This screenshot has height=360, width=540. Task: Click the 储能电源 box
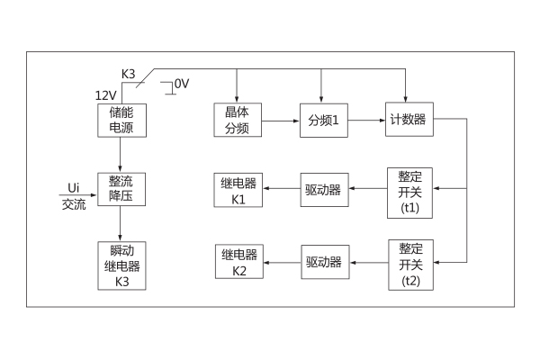click(x=120, y=121)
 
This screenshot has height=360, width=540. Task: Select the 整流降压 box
click(x=120, y=190)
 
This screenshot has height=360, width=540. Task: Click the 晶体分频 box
click(x=237, y=121)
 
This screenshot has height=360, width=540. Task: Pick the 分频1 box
click(x=323, y=121)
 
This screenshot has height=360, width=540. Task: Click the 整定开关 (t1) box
click(x=410, y=191)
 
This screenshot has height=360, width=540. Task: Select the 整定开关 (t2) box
click(x=410, y=263)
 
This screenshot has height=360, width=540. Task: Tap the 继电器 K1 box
click(x=238, y=190)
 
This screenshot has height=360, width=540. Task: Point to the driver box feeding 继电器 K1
click(x=323, y=190)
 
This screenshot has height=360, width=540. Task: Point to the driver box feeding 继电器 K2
click(x=323, y=262)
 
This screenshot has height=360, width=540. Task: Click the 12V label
click(x=105, y=94)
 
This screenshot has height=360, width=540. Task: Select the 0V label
click(x=182, y=84)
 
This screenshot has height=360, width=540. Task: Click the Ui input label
click(x=74, y=186)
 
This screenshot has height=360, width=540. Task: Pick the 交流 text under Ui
click(x=74, y=204)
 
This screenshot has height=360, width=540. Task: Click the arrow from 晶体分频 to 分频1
click(x=281, y=121)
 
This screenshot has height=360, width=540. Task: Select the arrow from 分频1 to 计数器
click(x=366, y=121)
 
